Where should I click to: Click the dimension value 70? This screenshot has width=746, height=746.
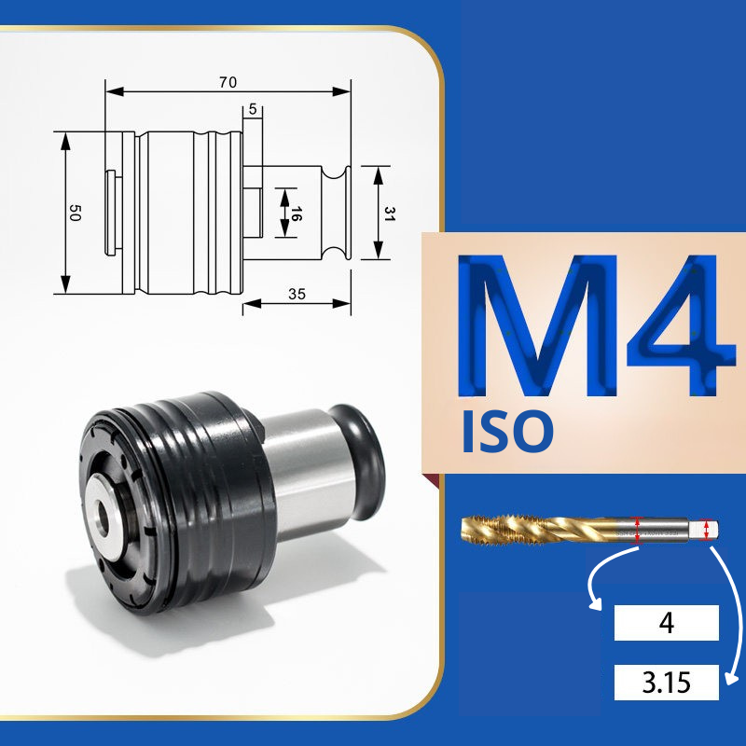pos(228,82)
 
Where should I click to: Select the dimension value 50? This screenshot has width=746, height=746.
pos(76,213)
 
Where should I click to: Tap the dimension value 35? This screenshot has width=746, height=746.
pos(297,294)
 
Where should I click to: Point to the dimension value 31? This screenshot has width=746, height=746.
pos(390,214)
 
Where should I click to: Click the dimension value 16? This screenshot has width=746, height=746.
pos(296,214)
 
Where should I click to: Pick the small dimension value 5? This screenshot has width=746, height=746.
pos(253,109)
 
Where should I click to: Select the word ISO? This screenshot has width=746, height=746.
pos(507,432)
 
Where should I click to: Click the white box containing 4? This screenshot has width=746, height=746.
pos(666,622)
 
